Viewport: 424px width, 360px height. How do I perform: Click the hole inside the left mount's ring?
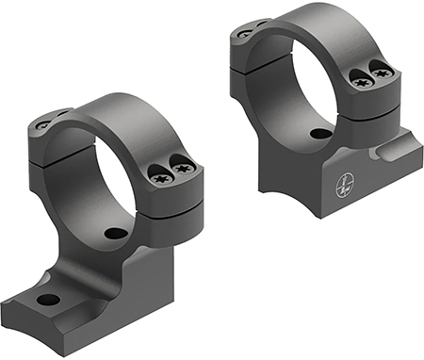point(115,233)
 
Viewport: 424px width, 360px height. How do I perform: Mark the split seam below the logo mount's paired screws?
point(372,96)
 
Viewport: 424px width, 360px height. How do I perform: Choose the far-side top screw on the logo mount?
point(245,32)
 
